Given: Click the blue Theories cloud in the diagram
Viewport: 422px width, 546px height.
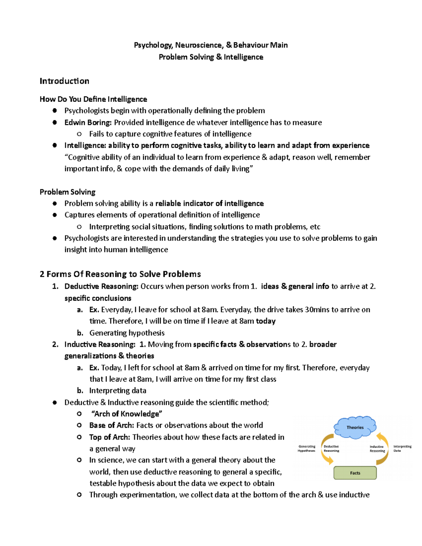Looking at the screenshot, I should pos(355,428).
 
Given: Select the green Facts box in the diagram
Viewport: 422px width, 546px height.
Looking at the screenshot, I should pos(355,473).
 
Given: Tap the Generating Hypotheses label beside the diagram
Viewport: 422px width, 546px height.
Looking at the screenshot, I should pos(307,449).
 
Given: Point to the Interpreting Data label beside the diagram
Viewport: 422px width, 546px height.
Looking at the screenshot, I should pos(402,449).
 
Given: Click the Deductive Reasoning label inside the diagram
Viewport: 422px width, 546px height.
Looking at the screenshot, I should pos(331,449).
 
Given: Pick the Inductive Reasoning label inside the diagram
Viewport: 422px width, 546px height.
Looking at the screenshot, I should pos(377,449).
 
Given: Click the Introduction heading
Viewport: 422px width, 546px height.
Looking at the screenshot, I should pos(64,81).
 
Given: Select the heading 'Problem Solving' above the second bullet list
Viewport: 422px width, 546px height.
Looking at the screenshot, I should pos(68,192).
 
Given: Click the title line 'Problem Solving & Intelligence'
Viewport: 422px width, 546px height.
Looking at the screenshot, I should pos(211,57).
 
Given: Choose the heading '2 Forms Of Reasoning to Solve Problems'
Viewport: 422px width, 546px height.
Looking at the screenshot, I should pos(120,274).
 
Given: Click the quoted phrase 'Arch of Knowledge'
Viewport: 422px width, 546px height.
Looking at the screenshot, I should pos(127,414).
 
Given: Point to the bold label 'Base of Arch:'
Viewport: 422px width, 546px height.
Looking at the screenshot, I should pos(111,425).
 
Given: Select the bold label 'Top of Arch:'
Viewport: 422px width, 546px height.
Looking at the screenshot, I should pos(109,437).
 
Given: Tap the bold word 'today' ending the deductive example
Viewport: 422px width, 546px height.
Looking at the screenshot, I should pos(266,321).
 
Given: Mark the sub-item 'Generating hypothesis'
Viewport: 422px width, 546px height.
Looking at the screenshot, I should pos(127,333).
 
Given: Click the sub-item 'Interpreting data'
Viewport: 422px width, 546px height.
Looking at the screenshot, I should pos(117,391).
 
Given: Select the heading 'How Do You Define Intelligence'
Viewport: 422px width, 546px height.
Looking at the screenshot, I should pos(93,99).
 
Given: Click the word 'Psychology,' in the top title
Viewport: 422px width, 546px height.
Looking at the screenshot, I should pos(153,45).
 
